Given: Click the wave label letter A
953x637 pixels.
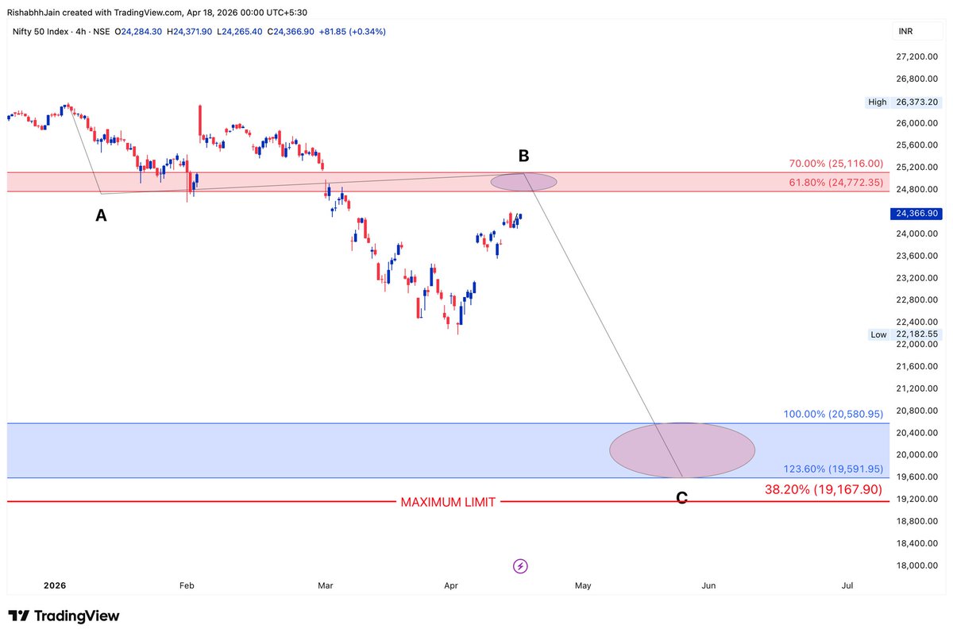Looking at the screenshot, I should [101, 215].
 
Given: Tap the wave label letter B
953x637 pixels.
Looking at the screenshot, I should [523, 156].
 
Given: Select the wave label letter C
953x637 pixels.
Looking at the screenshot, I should [681, 499].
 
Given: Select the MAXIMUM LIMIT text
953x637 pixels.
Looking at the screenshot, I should [448, 502].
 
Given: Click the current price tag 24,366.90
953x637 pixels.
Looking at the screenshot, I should [916, 214].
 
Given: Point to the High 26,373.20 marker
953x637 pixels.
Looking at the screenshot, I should [905, 102].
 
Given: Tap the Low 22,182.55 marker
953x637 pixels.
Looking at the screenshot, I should [905, 334].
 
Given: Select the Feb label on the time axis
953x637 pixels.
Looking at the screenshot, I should [187, 585].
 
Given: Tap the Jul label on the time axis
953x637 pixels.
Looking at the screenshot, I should [847, 585].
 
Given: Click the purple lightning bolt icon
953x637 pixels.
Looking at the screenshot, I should [520, 566].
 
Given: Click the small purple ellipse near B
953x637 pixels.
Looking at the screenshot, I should [523, 182].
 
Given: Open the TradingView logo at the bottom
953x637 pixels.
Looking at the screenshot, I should [64, 616].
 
